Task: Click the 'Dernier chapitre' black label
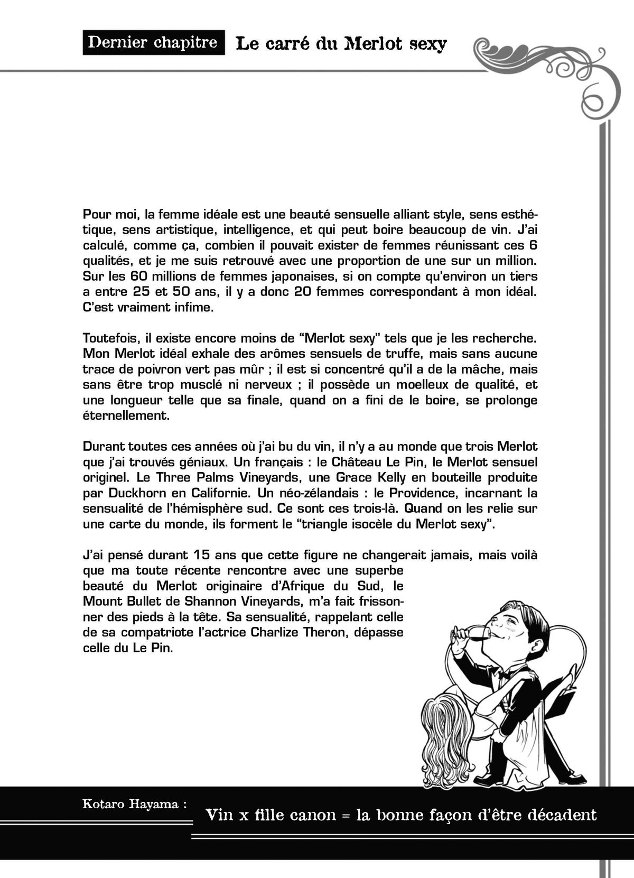153,42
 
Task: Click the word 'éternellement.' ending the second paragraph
126,415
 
